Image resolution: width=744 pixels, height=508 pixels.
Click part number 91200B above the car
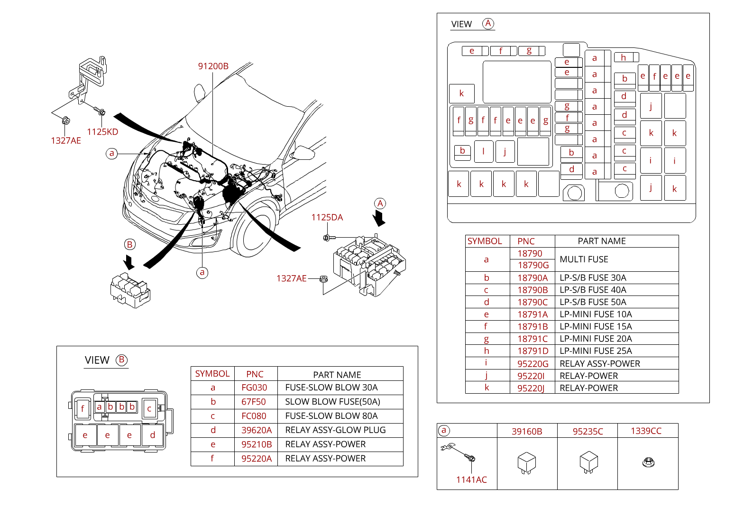click(213, 66)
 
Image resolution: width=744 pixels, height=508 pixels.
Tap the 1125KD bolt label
click(102, 132)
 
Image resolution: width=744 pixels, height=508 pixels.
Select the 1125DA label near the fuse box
click(327, 217)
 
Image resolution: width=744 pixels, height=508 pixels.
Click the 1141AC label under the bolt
click(471, 480)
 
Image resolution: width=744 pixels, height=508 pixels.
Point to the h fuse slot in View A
click(624, 57)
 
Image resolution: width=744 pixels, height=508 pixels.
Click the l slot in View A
click(483, 151)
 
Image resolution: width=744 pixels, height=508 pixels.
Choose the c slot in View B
click(149, 408)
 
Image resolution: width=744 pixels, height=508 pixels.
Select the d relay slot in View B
click(152, 435)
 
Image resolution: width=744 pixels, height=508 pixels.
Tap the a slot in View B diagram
click(99, 407)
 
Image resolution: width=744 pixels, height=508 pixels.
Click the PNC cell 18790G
click(533, 265)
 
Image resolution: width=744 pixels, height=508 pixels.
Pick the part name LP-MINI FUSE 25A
click(596, 351)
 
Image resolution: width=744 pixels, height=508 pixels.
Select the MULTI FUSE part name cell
click(584, 259)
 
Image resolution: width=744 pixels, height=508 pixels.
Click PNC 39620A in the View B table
click(257, 430)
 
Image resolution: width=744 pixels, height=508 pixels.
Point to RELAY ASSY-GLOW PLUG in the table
click(335, 430)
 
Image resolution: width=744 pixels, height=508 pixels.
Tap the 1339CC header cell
click(646, 431)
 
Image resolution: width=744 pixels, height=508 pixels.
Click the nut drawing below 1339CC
click(648, 462)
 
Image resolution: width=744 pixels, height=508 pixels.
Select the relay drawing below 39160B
click(526, 462)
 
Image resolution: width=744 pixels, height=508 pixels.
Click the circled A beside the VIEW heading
click(488, 24)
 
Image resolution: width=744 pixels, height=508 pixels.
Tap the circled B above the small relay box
click(129, 244)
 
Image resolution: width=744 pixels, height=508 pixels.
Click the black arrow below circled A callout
click(379, 218)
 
